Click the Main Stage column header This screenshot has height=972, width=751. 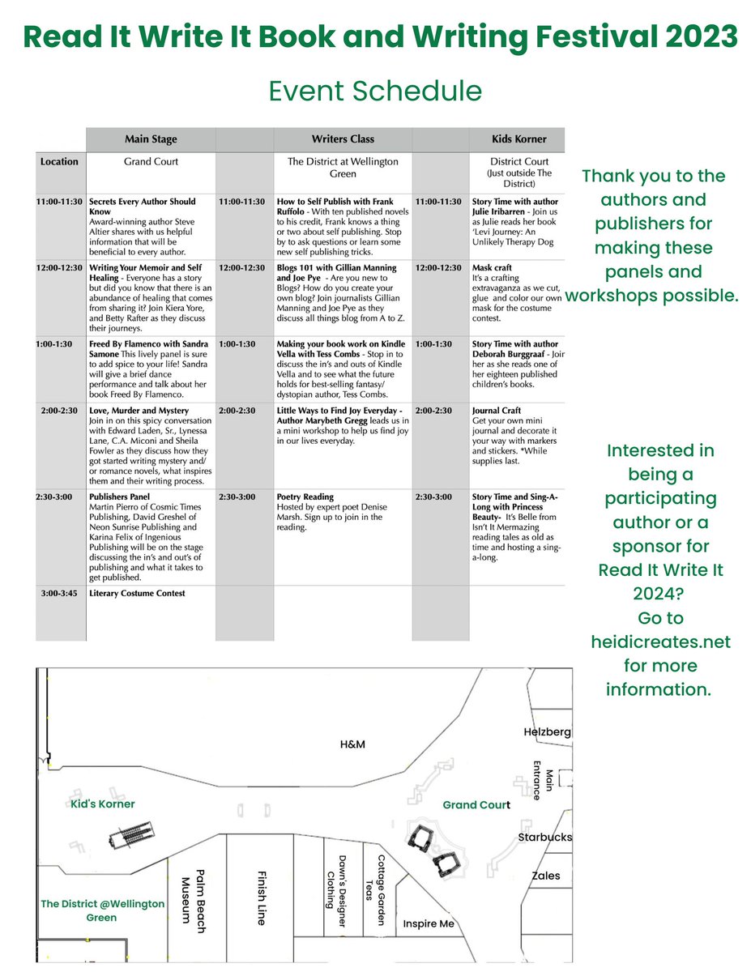coord(151,139)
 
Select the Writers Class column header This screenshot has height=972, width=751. coord(343,139)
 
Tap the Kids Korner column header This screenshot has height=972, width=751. coord(519,139)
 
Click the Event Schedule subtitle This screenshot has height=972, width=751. coord(375,90)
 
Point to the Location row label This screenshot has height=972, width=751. coord(60,162)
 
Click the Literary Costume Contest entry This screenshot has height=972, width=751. coord(137,594)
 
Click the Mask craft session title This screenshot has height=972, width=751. coord(492,267)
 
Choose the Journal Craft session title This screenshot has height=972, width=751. coord(497,411)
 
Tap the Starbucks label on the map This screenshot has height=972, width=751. coord(545,837)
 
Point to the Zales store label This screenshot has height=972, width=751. coord(545,876)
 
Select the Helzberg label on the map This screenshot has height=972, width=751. coord(547,732)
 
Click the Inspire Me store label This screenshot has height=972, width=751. coord(429,924)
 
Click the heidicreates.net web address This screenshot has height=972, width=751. coord(660,642)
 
